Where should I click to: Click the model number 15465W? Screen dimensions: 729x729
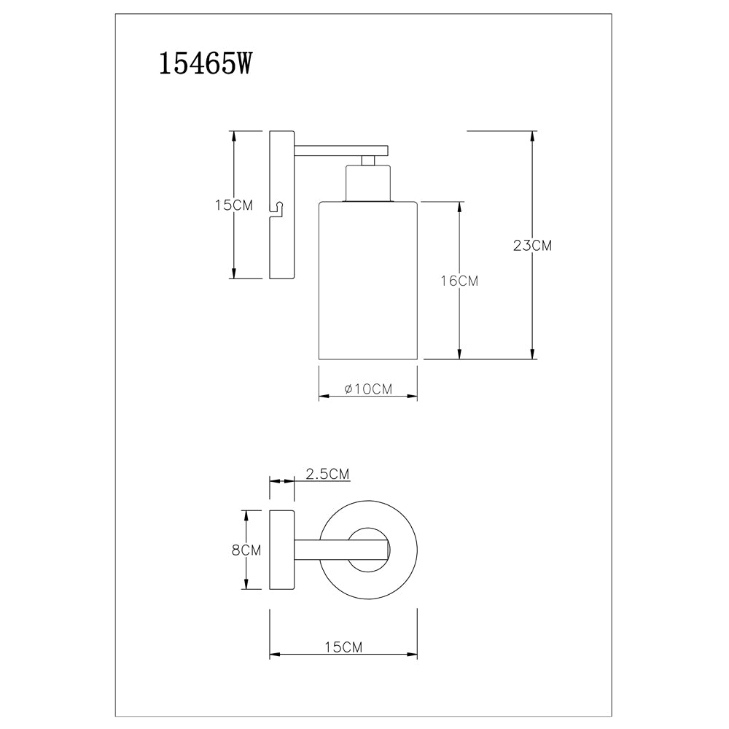(205, 63)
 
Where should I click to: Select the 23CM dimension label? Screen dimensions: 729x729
(532, 245)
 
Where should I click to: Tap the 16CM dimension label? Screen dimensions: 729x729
(459, 281)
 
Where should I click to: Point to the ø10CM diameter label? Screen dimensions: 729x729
(368, 389)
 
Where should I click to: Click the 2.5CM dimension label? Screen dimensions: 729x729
(327, 474)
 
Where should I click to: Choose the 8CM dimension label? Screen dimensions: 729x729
(246, 550)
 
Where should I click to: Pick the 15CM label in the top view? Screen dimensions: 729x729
(343, 647)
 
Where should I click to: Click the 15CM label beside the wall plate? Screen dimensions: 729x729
(234, 205)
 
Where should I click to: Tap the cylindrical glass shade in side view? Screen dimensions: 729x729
(367, 281)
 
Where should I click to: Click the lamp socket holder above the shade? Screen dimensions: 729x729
(367, 183)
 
